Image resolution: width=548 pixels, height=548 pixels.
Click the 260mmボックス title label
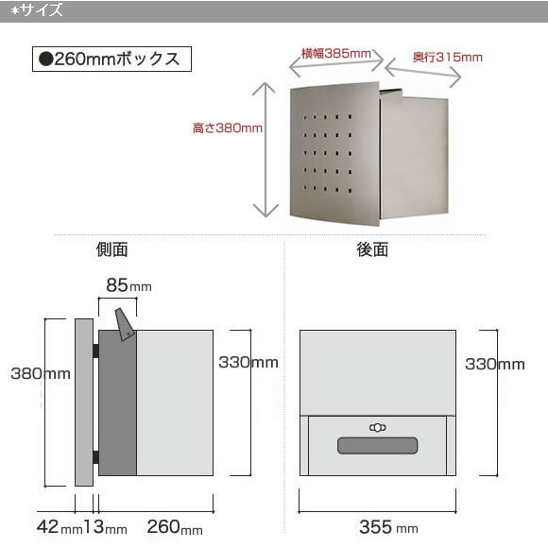(x=111, y=60)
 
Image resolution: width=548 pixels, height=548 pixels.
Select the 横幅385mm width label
(x=335, y=54)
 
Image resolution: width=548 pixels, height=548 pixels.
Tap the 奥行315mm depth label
(x=447, y=58)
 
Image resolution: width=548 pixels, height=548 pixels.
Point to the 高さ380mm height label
(x=228, y=128)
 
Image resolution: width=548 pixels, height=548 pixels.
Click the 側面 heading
(x=111, y=249)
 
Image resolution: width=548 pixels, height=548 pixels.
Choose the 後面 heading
(x=372, y=249)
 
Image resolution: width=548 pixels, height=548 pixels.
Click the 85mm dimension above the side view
(x=128, y=285)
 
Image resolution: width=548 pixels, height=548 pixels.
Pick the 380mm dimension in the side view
(x=41, y=373)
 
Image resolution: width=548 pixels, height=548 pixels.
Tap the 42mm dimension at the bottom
(x=60, y=527)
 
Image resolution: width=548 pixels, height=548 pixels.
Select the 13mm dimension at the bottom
(x=106, y=527)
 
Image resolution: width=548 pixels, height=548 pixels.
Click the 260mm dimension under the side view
(x=175, y=527)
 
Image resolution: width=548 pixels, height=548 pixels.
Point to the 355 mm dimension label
(x=388, y=527)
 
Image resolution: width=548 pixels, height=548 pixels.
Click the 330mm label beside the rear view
(x=495, y=364)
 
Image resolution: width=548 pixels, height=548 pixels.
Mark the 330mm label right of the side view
(x=248, y=363)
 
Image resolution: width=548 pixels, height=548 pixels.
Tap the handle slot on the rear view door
(x=377, y=446)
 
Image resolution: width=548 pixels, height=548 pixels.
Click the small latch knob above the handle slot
(x=377, y=427)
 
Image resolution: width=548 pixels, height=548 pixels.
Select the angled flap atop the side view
(x=125, y=324)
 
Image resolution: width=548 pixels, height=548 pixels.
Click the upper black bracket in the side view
(x=95, y=351)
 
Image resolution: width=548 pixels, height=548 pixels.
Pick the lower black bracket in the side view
(x=95, y=457)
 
